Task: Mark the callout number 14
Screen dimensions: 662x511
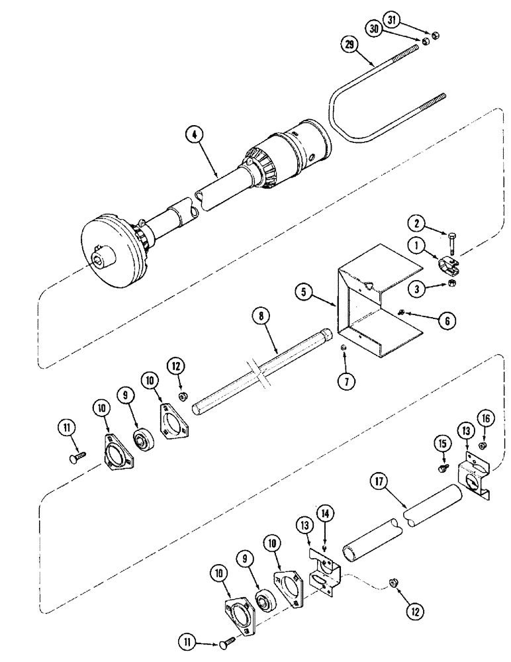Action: [326, 512]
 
